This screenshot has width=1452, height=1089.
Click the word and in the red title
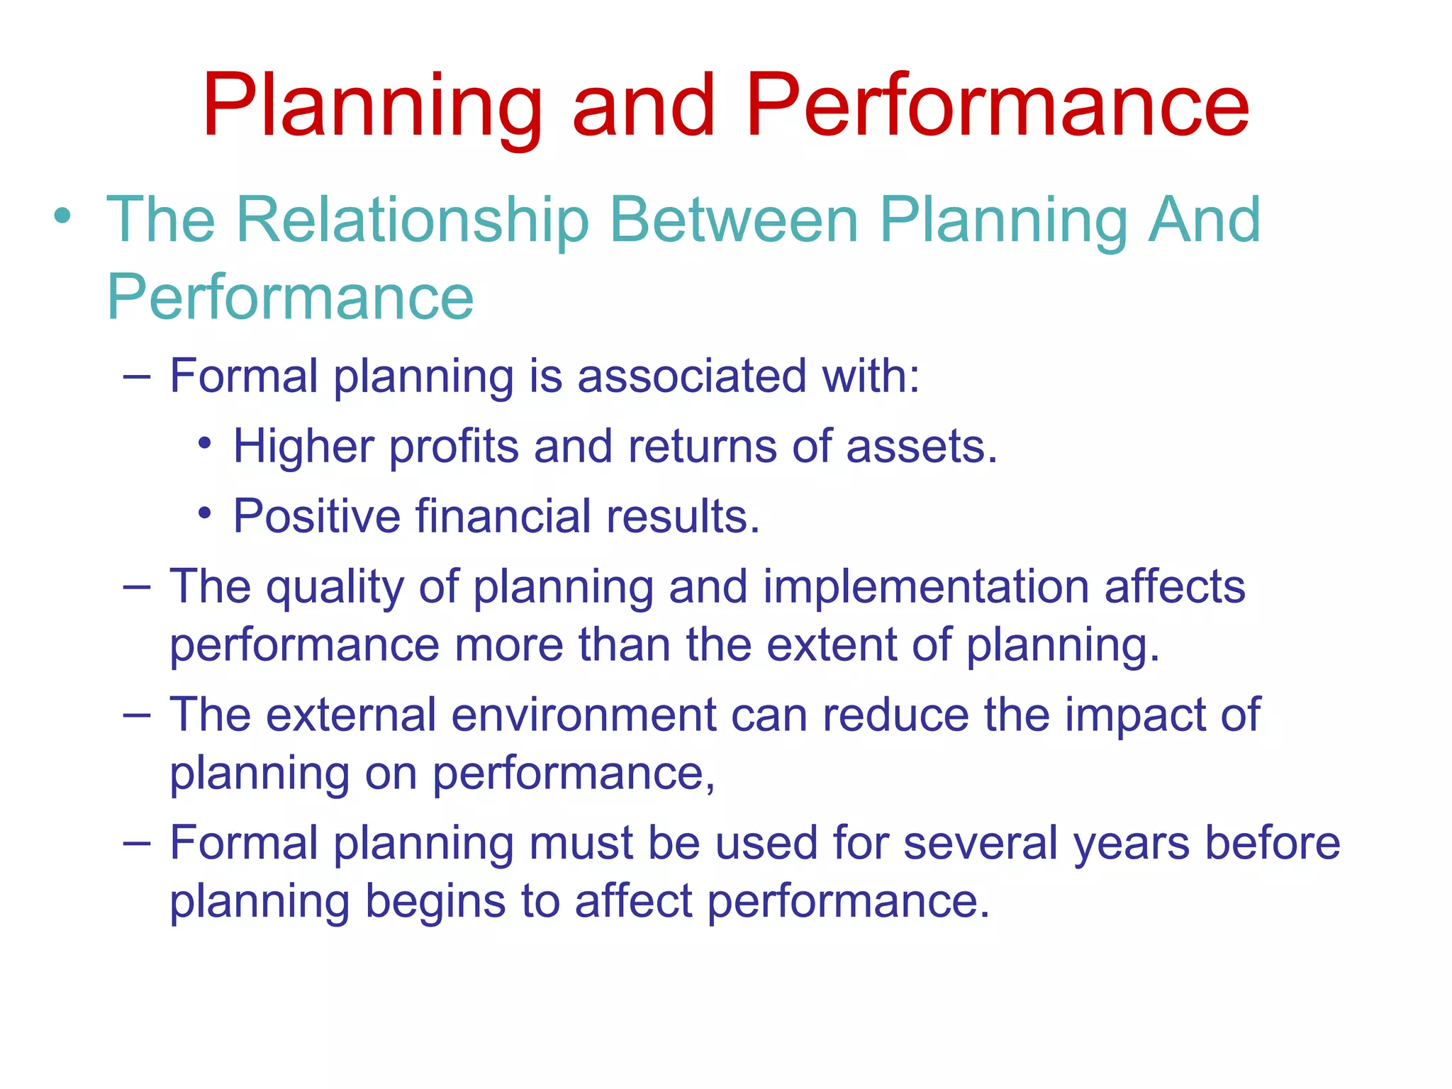(643, 106)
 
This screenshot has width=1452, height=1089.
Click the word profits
(454, 447)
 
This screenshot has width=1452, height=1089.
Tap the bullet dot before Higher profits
(205, 444)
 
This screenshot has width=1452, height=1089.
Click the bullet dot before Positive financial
(205, 513)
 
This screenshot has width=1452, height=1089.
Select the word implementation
(926, 588)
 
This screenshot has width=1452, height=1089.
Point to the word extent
(832, 645)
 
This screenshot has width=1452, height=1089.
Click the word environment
(583, 715)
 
